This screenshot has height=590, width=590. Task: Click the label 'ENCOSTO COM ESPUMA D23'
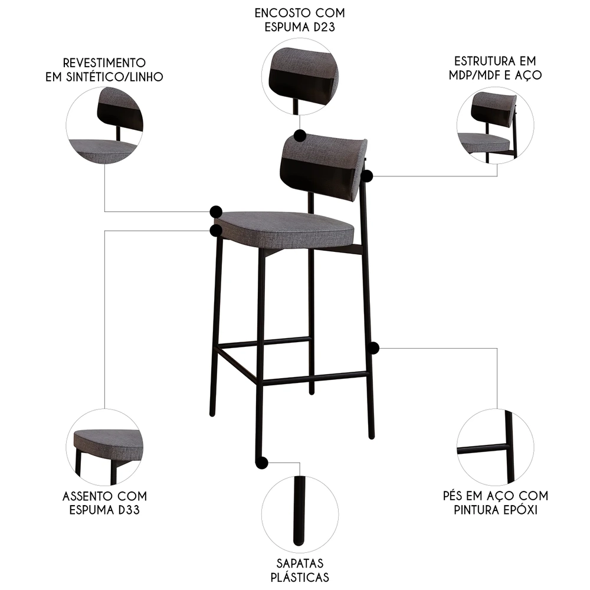click(300, 19)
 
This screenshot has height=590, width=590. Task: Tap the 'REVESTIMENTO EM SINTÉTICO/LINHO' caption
click(104, 69)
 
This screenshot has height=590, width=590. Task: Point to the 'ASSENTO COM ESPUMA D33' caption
click(104, 502)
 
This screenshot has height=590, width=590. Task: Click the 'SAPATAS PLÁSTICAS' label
click(300, 570)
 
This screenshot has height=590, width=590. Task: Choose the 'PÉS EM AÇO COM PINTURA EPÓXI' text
click(495, 502)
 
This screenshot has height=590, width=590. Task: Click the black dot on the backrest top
click(300, 136)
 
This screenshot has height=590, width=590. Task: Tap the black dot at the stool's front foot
click(262, 463)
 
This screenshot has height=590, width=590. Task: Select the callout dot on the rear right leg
click(372, 348)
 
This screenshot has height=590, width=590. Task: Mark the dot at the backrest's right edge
click(367, 176)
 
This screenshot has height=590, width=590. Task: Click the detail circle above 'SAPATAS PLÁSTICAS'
click(300, 512)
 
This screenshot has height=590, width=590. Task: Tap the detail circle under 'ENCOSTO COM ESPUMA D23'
click(300, 76)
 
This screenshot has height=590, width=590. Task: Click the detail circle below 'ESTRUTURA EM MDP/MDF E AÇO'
click(495, 125)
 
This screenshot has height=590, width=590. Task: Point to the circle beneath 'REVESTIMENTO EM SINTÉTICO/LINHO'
click(104, 125)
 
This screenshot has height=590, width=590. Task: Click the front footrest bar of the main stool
click(316, 378)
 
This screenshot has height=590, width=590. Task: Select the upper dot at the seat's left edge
click(216, 211)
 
